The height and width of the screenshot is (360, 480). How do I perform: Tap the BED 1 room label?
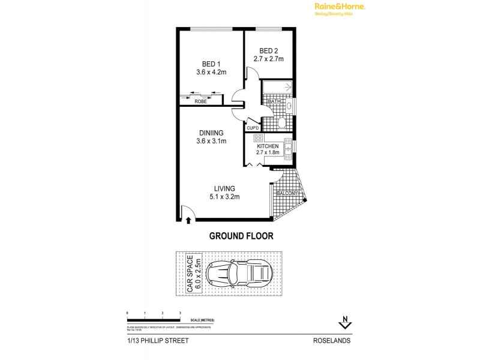click(209, 64)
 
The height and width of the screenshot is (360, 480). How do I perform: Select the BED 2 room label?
click(268, 51)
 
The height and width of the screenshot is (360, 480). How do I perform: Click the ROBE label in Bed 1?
click(200, 102)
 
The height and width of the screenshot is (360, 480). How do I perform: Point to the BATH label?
click(274, 102)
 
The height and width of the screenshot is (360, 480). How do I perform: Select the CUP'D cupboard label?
click(253, 128)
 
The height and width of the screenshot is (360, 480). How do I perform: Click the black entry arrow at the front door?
click(190, 221)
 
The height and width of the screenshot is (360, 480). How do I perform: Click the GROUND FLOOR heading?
click(241, 236)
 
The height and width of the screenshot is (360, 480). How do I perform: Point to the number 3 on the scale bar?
click(180, 313)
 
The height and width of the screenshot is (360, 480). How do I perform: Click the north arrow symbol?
click(344, 325)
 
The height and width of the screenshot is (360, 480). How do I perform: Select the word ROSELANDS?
click(332, 340)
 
